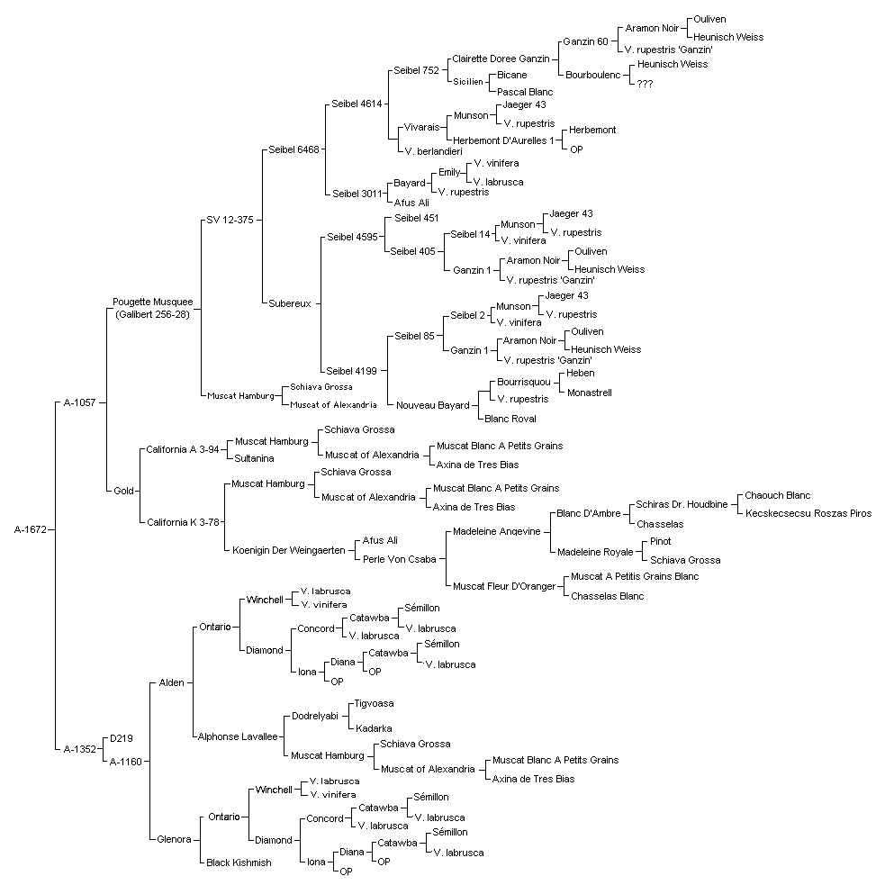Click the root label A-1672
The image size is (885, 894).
pos(31,529)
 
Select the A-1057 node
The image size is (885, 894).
pos(80,402)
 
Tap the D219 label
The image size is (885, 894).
pos(121,738)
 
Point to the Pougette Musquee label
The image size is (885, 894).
pos(153,302)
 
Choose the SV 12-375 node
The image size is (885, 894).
pos(230,220)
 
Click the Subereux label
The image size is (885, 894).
pos(290,303)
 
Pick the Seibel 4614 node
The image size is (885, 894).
pos(357,104)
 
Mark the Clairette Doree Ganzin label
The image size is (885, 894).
pos(501,59)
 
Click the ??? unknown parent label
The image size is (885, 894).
pos(645,84)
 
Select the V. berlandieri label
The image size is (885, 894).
pos(433,151)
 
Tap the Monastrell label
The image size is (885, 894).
pos(590,393)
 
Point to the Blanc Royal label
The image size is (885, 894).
pos(510,419)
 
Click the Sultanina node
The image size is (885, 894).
pos(254,458)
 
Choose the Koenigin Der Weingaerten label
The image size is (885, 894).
pos(288,550)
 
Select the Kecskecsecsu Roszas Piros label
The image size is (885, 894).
pos(808,513)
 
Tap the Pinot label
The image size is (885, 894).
pos(660,541)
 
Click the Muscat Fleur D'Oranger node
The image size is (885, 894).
pos(504,586)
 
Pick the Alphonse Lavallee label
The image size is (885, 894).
pos(238,736)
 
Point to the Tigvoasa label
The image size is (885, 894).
pos(374,703)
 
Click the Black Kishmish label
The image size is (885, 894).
pos(239,862)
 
